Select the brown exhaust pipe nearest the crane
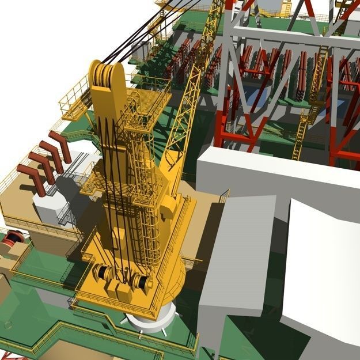[60, 146]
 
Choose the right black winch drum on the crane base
[140, 282]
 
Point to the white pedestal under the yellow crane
[151, 318]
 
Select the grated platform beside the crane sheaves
[147, 104]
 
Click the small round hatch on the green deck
[7, 325]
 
